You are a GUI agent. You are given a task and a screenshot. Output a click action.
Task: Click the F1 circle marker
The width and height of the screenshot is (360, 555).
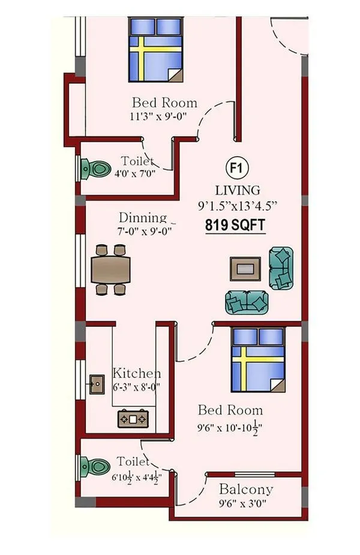click(237, 167)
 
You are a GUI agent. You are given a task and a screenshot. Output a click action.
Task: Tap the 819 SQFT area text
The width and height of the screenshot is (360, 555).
click(235, 225)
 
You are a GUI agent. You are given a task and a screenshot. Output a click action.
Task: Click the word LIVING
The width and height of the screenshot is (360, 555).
click(238, 190)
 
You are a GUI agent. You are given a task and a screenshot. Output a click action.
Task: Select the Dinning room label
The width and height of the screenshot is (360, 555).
click(143, 217)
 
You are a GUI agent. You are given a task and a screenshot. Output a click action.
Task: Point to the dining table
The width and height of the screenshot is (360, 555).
click(111, 269)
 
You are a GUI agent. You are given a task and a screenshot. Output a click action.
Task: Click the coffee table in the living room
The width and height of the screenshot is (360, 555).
click(245, 269)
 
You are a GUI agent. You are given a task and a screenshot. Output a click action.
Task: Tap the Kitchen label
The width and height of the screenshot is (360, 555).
click(137, 373)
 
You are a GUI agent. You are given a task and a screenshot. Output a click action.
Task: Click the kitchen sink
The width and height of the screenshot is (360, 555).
click(97, 385)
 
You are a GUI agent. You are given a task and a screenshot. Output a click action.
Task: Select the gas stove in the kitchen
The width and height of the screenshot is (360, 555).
click(133, 419)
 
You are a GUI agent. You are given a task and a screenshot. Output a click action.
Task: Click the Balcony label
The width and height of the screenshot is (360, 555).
click(246, 490)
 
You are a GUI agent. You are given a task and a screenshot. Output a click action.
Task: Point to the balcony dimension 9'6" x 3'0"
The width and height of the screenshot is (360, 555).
click(242, 503)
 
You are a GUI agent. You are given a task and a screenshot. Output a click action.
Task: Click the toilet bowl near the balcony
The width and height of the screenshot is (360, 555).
click(95, 467)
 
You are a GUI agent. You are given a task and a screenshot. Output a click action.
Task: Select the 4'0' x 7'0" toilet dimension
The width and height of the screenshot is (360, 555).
click(135, 174)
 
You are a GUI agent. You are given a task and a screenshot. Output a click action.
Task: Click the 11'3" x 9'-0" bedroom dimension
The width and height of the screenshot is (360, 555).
click(158, 116)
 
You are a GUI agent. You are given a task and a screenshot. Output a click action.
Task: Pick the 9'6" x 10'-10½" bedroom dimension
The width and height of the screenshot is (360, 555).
click(229, 429)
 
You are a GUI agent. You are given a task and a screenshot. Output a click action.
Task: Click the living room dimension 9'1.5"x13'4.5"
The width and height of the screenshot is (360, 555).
click(237, 206)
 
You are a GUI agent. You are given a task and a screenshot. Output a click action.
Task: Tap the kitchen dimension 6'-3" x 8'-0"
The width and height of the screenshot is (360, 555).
click(136, 386)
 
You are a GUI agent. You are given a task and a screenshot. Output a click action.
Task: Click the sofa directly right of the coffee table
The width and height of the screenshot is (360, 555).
click(281, 268)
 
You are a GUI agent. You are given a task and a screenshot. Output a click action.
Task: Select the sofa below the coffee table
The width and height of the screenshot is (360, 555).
click(247, 302)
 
